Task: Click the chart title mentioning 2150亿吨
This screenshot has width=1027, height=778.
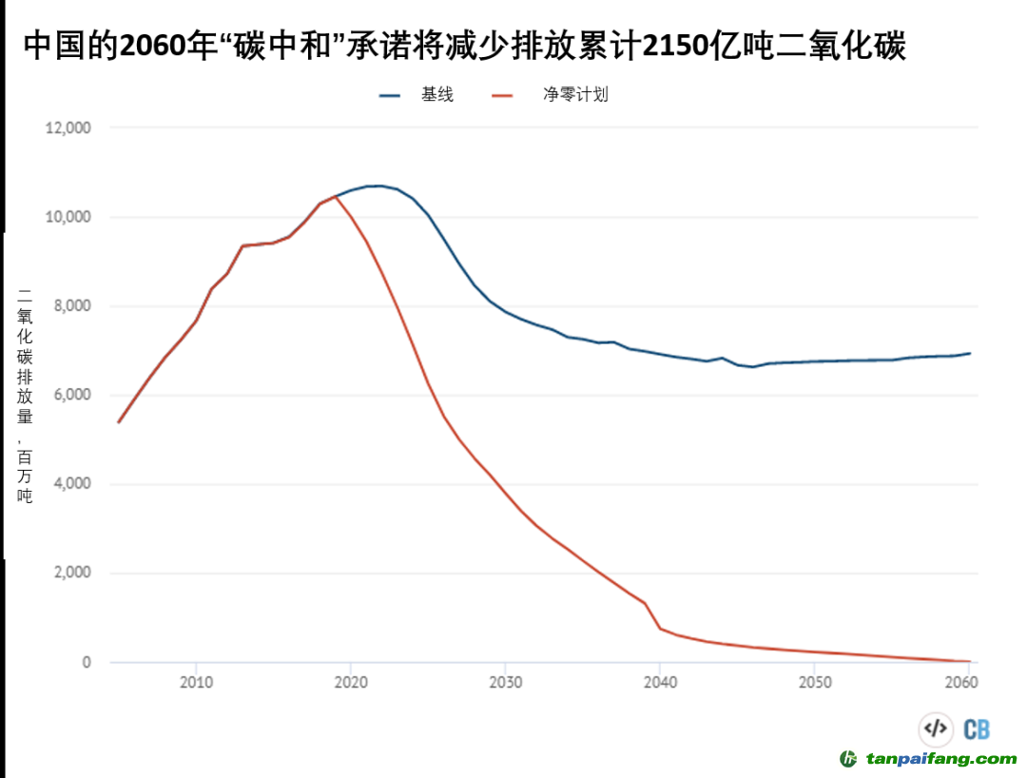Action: click(x=463, y=45)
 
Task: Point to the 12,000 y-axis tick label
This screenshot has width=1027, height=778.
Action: click(x=68, y=128)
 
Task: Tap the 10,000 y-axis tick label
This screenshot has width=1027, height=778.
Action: click(x=68, y=217)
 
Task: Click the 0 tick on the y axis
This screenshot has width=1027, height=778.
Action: click(x=87, y=662)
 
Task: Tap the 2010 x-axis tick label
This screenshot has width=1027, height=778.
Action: click(x=196, y=683)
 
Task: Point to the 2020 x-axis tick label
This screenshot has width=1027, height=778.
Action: click(x=351, y=683)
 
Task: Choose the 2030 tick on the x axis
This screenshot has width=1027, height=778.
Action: click(x=505, y=683)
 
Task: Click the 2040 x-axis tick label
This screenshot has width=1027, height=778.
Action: click(x=660, y=683)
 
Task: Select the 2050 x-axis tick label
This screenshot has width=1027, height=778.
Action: click(x=815, y=683)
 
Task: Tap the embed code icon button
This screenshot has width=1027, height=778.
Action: click(x=936, y=729)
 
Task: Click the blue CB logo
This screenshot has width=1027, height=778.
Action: click(x=977, y=729)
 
